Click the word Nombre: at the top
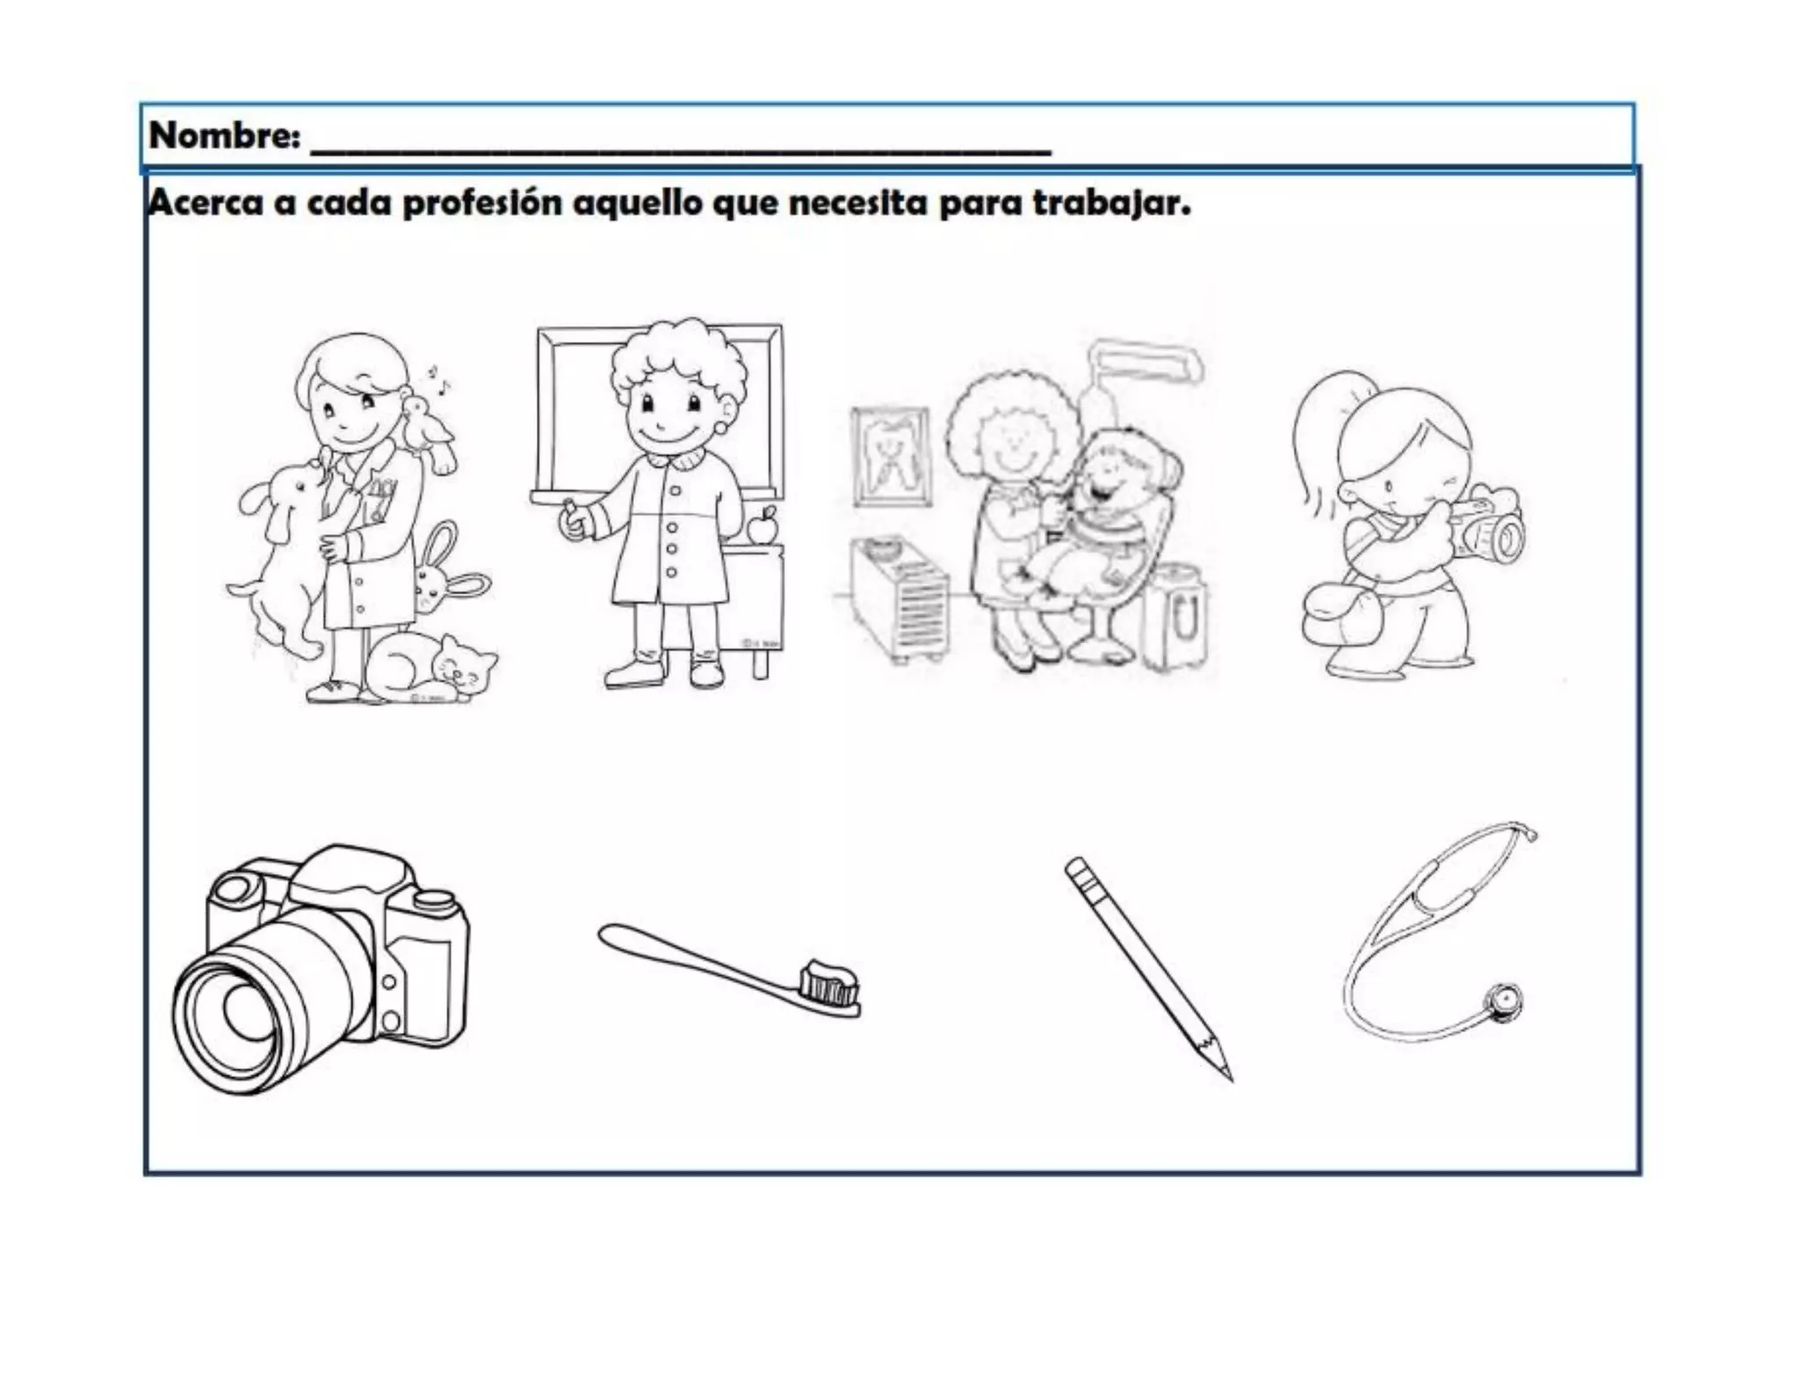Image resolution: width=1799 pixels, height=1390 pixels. pyautogui.click(x=225, y=136)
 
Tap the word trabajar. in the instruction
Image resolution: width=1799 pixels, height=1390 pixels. pyautogui.click(x=1111, y=205)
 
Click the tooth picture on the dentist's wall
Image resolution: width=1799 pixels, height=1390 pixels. pyautogui.click(x=891, y=458)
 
